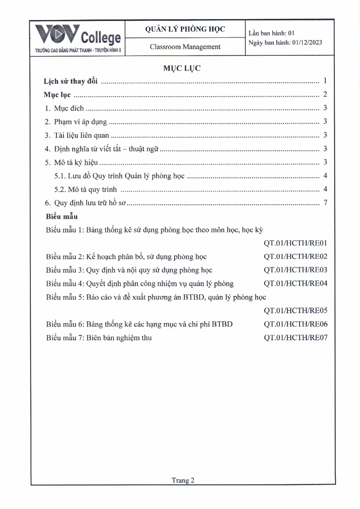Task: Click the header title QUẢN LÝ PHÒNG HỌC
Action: coord(185,29)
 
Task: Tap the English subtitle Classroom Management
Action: coord(185,47)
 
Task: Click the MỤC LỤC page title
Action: coord(182,68)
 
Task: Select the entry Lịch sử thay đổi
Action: coord(70,81)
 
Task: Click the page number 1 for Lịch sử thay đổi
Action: coord(325,81)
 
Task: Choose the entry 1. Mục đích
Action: coord(64,108)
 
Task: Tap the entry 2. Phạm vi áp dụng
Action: coord(76,122)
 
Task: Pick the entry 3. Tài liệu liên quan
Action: coord(77,135)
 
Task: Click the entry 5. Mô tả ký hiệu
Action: coord(71,162)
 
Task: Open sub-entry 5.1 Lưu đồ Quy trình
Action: coord(120,176)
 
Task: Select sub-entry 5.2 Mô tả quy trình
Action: coord(85,189)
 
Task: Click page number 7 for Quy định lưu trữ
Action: coord(326,202)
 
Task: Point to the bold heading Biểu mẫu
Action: coord(62,216)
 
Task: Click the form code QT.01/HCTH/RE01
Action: coord(295,243)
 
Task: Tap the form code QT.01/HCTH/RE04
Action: coord(295,283)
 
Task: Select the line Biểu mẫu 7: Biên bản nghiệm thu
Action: coord(99,338)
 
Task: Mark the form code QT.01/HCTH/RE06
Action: coord(295,324)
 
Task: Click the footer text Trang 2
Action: coord(183,480)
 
